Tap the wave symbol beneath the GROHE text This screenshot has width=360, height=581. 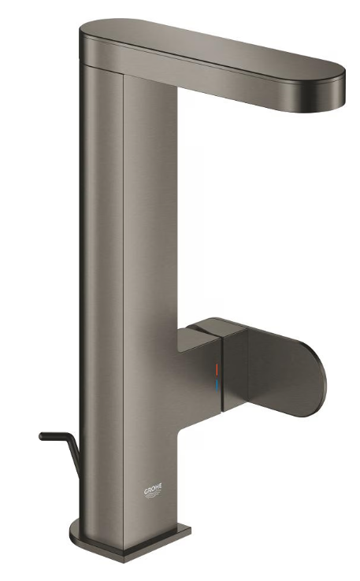153,495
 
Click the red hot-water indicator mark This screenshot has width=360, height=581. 217,369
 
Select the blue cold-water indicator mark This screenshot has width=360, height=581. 217,385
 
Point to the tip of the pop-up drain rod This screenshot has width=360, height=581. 41,436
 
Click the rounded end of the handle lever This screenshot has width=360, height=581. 320,383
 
